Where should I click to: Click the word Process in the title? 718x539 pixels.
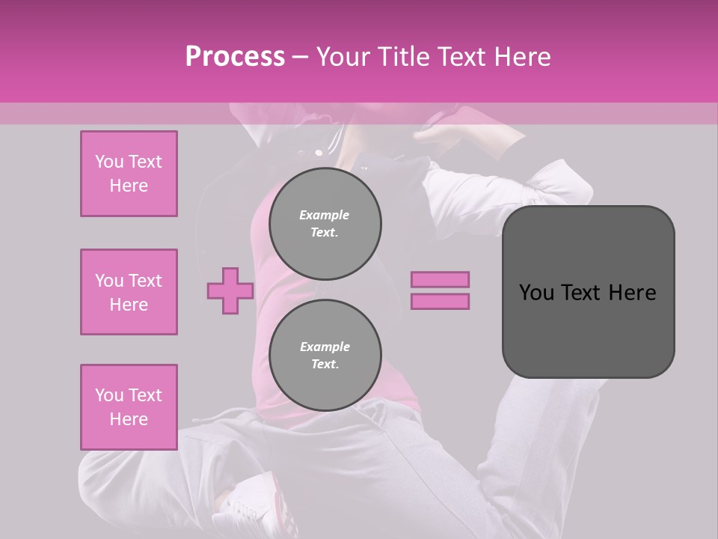[235, 56]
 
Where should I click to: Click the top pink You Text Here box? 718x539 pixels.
[129, 174]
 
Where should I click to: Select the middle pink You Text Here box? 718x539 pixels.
[129, 292]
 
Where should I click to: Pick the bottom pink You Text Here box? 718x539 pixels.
[129, 407]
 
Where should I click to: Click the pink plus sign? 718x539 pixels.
[230, 290]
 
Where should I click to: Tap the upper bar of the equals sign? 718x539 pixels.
[440, 279]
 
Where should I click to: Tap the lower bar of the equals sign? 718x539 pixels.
[440, 301]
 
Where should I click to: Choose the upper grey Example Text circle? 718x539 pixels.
[325, 224]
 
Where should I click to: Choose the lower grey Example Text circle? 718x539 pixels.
[325, 356]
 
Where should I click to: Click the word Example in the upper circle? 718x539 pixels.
[324, 215]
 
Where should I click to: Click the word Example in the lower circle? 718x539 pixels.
[325, 347]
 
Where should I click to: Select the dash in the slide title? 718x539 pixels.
[301, 57]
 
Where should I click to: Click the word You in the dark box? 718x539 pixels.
[536, 293]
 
